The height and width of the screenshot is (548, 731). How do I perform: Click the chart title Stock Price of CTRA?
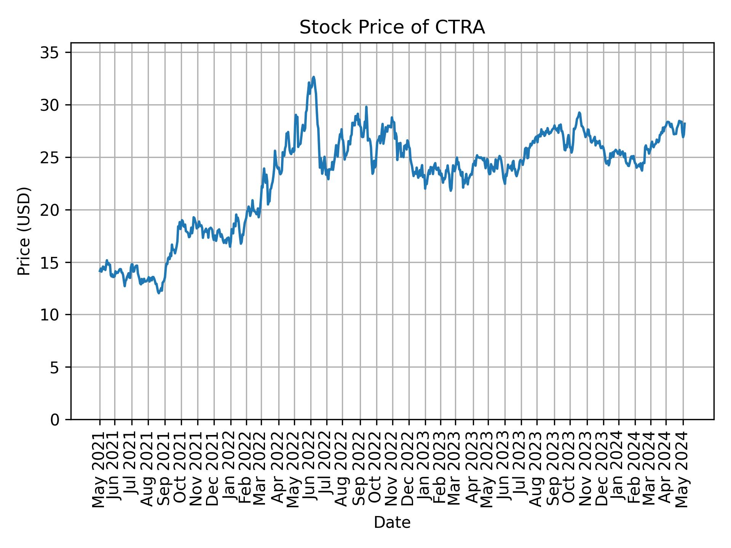[x=392, y=28]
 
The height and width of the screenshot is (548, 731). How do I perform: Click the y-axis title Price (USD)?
[x=24, y=231]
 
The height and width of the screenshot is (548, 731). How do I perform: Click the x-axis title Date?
[x=392, y=523]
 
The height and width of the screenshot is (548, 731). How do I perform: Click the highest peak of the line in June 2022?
[x=313, y=77]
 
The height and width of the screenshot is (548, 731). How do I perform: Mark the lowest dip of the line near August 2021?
[x=159, y=293]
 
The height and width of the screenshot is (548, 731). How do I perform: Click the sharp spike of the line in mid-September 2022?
[x=366, y=107]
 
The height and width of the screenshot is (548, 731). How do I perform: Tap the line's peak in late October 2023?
[x=579, y=113]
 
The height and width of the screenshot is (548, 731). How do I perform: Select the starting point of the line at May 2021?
[x=100, y=271]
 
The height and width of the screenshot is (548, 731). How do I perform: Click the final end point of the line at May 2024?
[x=685, y=123]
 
